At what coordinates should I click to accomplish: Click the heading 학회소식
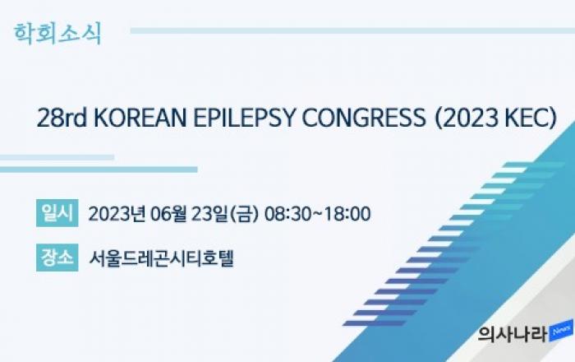(57, 34)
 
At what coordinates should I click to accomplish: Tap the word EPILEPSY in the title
(244, 118)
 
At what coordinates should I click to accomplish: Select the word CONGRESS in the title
(364, 118)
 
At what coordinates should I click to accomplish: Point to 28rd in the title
(62, 118)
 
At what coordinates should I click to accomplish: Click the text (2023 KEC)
(495, 118)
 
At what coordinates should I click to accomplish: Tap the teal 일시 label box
(57, 213)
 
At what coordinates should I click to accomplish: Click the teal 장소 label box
(57, 258)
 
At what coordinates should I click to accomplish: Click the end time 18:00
(347, 214)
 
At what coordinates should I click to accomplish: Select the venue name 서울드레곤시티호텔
(161, 258)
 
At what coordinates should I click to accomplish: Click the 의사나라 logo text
(513, 334)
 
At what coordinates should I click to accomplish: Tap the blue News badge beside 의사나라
(561, 331)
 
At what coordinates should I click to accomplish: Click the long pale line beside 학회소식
(352, 30)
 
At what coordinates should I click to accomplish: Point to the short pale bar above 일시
(57, 157)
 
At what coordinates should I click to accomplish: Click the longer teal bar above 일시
(99, 169)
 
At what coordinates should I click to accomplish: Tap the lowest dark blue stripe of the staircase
(374, 323)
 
